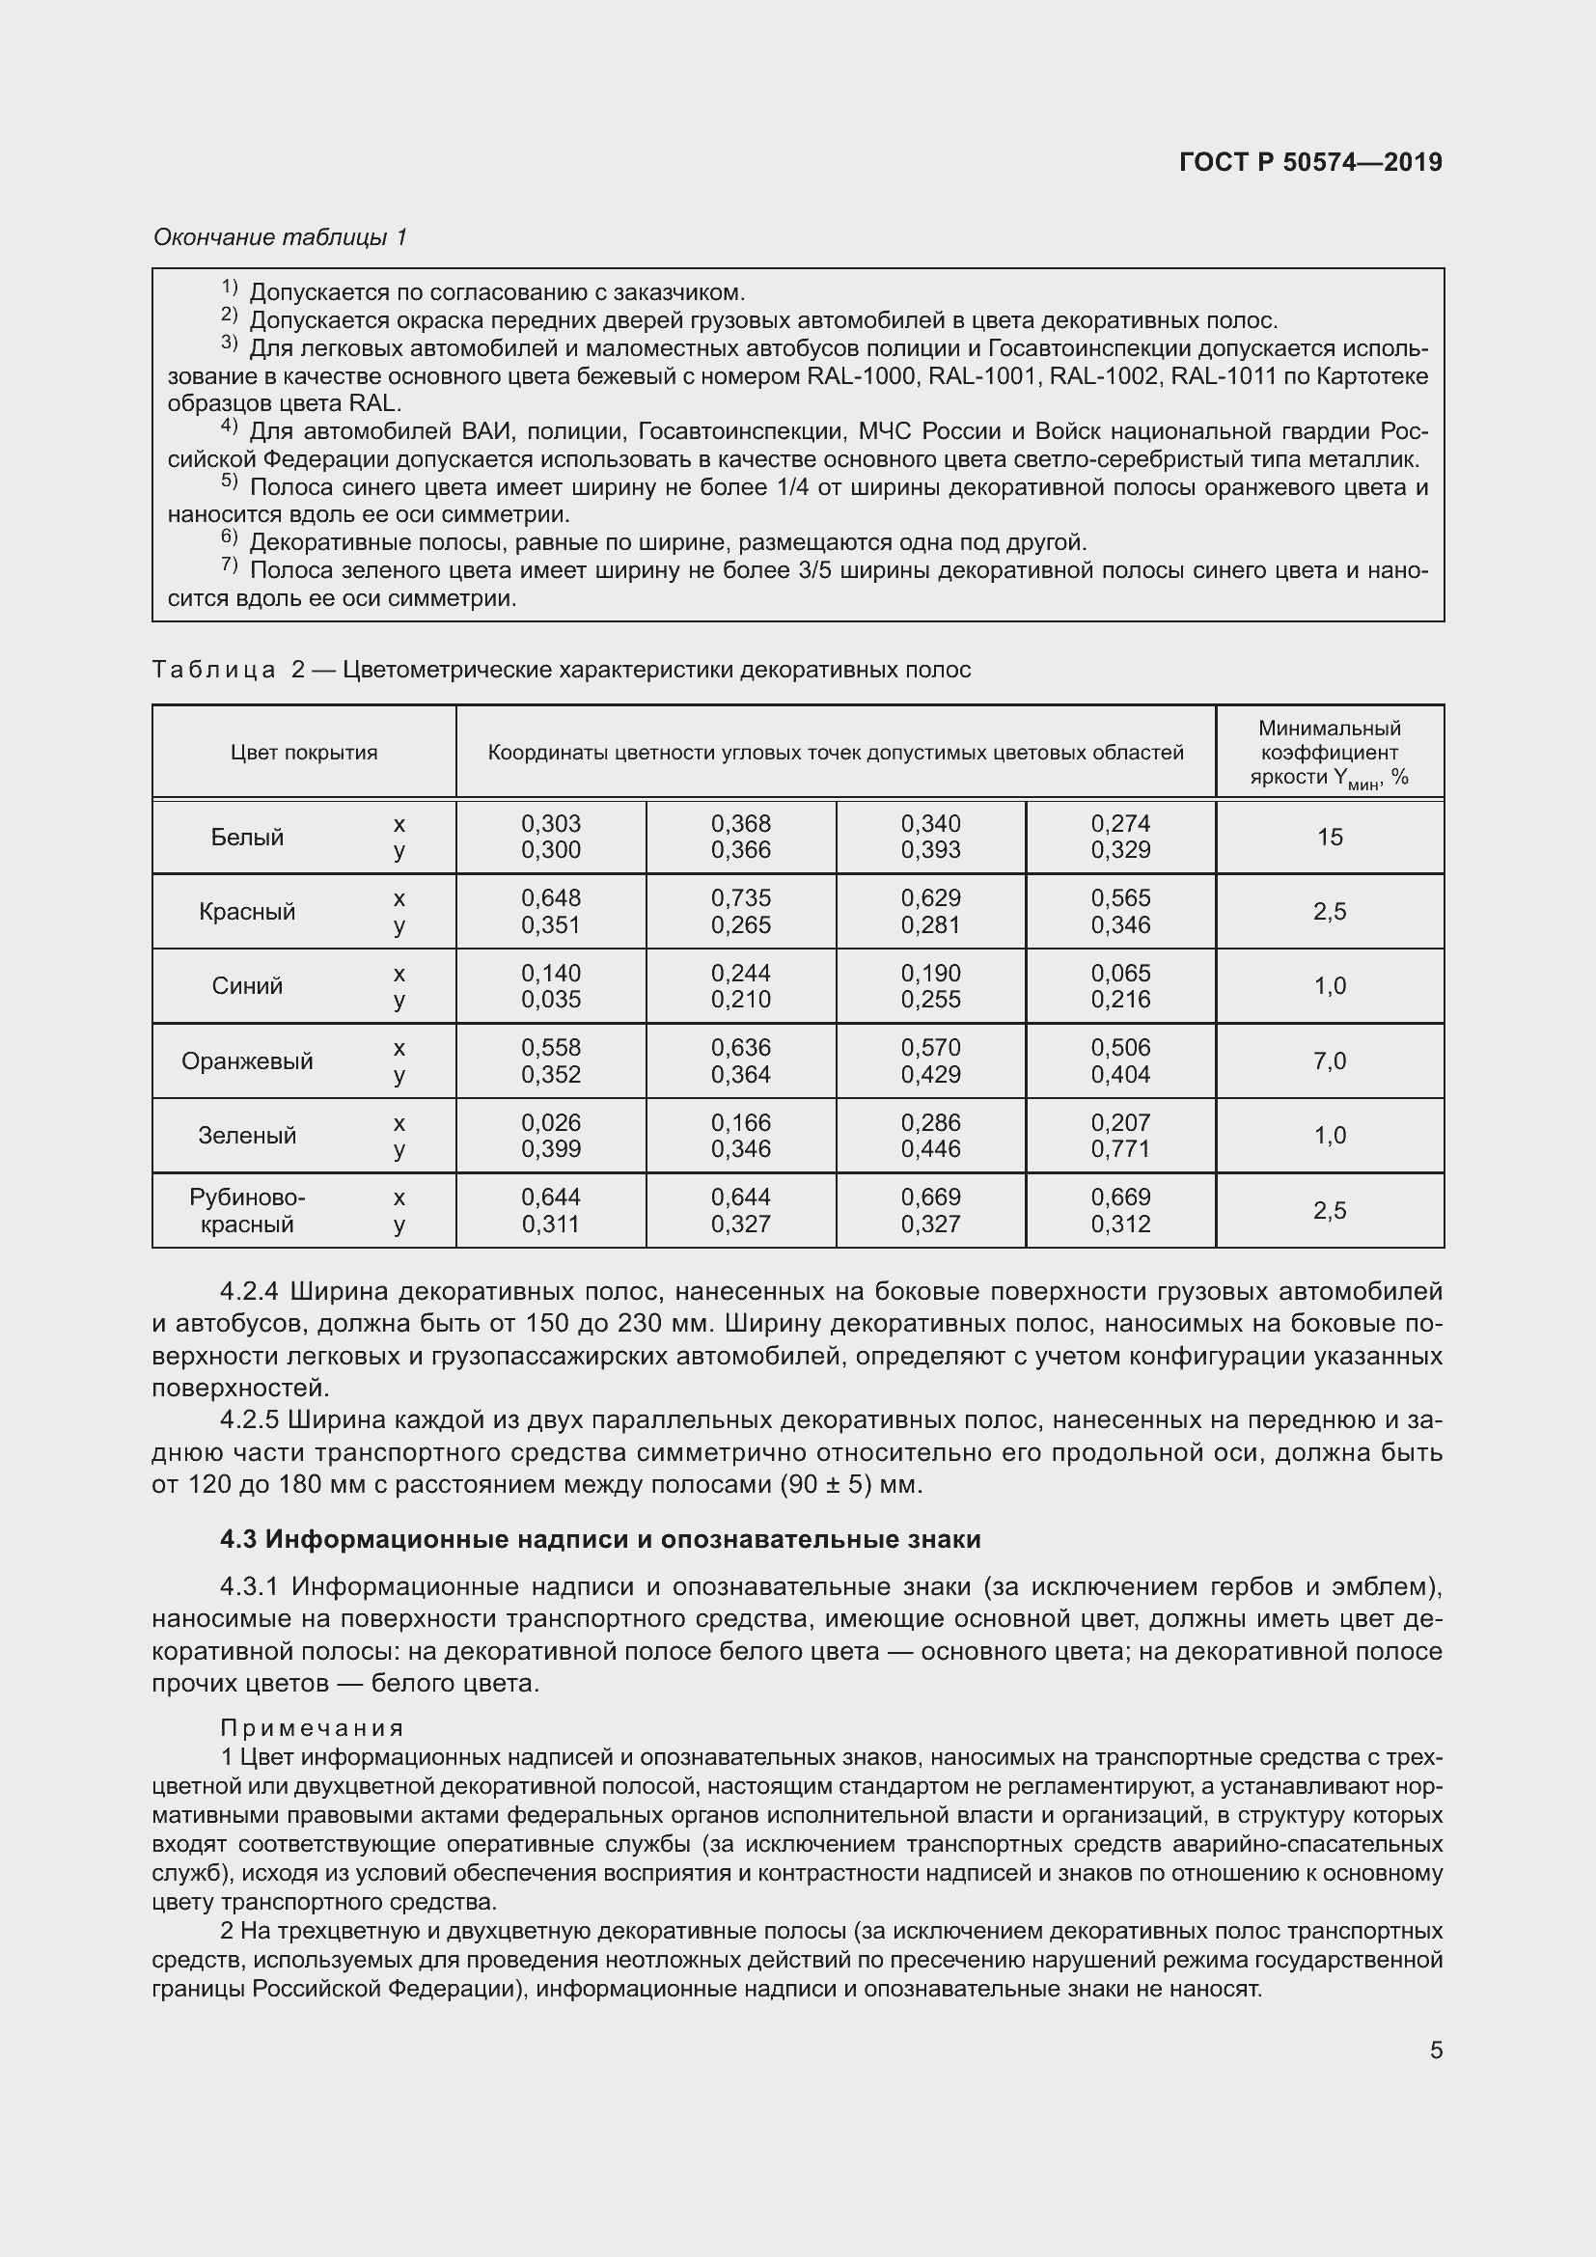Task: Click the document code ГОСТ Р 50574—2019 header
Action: tap(1310, 162)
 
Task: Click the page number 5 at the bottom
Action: tap(1436, 2050)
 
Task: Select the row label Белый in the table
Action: tap(247, 838)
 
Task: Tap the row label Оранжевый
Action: tap(247, 1061)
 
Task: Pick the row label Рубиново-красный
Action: tap(247, 1211)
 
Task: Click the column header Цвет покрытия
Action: tap(304, 753)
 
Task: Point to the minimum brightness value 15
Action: tap(1329, 838)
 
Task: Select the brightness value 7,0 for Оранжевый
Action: tap(1329, 1061)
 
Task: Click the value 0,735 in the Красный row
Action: tap(741, 898)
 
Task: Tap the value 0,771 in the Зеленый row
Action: tap(1120, 1149)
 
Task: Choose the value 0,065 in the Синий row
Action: tap(1120, 974)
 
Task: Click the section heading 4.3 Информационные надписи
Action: tap(599, 1539)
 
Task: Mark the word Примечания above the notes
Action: tap(312, 1728)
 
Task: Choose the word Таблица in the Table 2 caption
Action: tap(214, 671)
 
